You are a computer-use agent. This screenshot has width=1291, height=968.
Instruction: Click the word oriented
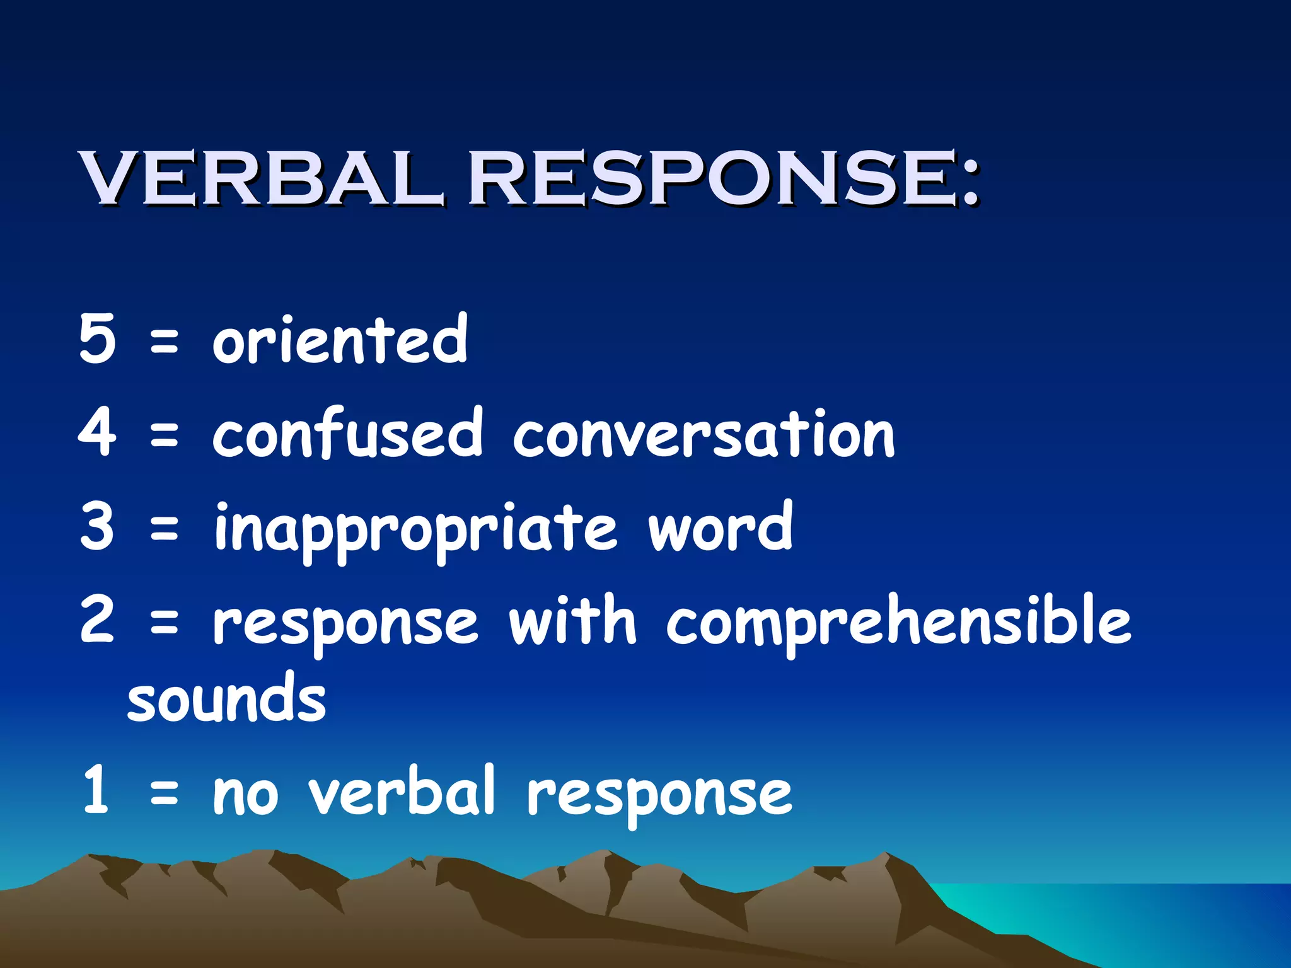[340, 340]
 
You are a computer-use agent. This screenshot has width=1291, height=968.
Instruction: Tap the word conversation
[703, 435]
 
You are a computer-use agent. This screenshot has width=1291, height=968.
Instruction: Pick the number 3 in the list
[98, 526]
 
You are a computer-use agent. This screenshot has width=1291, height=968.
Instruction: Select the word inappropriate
[416, 529]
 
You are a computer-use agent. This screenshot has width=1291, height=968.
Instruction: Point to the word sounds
[227, 700]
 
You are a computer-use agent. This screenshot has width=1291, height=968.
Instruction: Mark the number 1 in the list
[96, 790]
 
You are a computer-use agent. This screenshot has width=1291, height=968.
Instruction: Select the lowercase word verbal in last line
[402, 791]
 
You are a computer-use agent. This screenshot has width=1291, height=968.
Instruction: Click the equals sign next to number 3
[165, 528]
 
